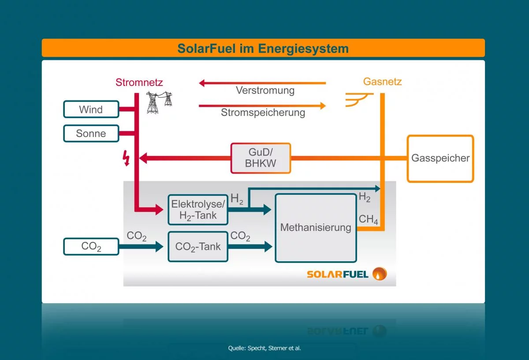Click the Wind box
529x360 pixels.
(91, 109)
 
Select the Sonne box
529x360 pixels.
(91, 134)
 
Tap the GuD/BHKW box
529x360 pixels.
(261, 158)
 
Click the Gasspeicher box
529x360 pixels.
(440, 159)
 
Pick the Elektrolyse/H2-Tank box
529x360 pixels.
(198, 209)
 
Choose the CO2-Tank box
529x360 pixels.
(198, 246)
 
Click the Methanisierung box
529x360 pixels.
(316, 228)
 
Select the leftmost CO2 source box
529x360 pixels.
(91, 246)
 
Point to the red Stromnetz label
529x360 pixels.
(139, 82)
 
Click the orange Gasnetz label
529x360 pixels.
(382, 82)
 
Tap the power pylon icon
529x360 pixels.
(158, 102)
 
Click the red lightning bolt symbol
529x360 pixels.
(127, 158)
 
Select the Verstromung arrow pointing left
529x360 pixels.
(262, 83)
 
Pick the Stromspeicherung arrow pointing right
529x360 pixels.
(262, 106)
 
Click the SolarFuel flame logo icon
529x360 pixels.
(379, 274)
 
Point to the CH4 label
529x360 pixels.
(368, 219)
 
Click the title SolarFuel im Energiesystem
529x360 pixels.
(263, 48)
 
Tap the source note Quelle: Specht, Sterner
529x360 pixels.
(264, 348)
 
